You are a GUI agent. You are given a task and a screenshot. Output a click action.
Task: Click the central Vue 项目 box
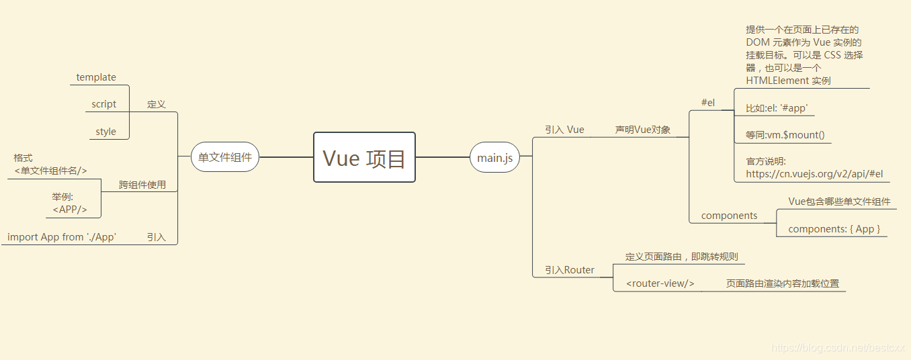tap(364, 157)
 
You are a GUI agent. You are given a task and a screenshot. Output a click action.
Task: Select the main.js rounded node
tap(494, 158)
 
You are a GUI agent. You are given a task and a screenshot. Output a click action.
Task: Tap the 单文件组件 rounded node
tap(225, 158)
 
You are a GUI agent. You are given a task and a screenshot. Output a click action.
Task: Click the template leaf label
tap(96, 77)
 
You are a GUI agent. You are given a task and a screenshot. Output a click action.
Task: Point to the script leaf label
tap(104, 104)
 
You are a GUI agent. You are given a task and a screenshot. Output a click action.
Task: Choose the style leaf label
tap(105, 132)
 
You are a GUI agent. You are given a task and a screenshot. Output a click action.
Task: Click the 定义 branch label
tap(157, 104)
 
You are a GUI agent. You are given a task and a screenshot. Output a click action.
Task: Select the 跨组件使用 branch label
tap(142, 185)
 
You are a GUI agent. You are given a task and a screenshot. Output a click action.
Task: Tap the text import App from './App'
tap(62, 237)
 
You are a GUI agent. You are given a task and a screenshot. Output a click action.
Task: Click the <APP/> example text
tap(70, 210)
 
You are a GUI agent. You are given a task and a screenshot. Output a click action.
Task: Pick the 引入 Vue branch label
tap(564, 130)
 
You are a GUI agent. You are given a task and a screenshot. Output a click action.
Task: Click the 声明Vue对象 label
tap(643, 130)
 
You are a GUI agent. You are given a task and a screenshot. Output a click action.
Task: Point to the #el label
tap(708, 103)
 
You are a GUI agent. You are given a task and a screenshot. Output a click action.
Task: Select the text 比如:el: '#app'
tap(777, 108)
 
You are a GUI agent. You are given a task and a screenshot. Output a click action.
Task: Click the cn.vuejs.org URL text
tap(814, 174)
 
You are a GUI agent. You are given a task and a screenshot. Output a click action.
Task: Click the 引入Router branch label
tap(570, 270)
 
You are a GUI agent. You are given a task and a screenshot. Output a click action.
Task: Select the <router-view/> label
tap(660, 283)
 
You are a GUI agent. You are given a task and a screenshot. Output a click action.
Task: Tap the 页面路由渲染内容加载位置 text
tap(783, 283)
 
